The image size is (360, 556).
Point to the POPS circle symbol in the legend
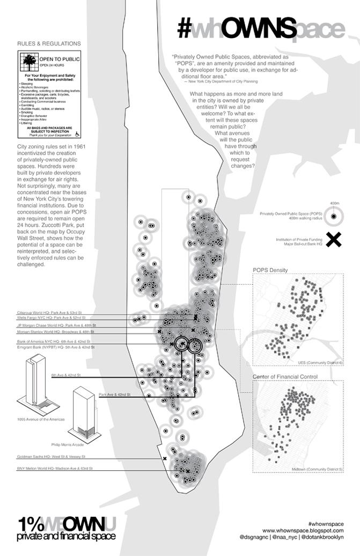(334, 216)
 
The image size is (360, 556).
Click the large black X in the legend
(334, 240)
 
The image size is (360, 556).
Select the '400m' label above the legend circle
(335, 204)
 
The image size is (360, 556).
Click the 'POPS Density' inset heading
(270, 270)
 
